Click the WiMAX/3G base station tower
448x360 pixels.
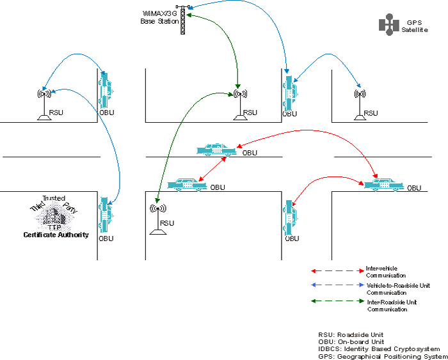[x=182, y=20]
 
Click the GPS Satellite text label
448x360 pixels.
[x=415, y=26]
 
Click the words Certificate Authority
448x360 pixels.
[x=56, y=235]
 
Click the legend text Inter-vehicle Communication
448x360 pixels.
[x=385, y=271]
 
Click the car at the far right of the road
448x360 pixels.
[x=383, y=184]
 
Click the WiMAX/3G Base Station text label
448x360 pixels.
[x=159, y=17]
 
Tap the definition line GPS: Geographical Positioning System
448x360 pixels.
[x=382, y=356]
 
